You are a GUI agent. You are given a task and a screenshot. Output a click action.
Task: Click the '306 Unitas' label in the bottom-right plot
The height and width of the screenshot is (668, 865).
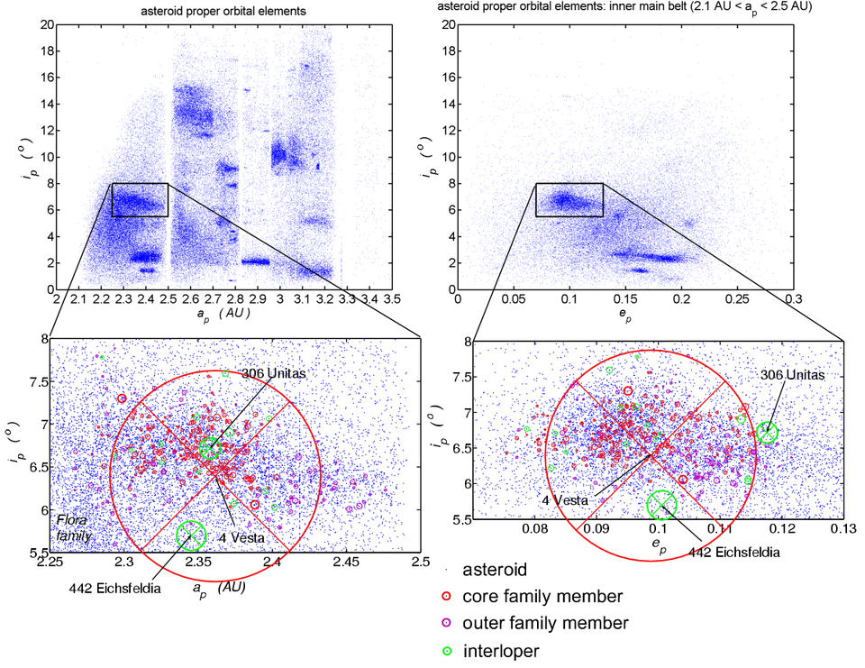coord(793,375)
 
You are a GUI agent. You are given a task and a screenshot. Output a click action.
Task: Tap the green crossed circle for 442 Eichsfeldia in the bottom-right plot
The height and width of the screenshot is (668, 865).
coord(662,505)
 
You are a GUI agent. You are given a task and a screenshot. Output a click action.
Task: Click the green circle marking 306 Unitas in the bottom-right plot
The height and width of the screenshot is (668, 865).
coord(767,433)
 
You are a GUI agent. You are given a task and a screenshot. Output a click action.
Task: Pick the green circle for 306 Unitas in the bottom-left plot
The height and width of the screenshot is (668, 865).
coord(209,448)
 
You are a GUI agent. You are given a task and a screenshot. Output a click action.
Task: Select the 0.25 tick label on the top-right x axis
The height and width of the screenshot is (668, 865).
coord(737,298)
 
